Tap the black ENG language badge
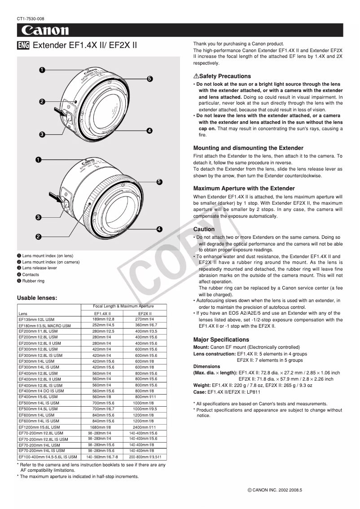[x=23, y=45]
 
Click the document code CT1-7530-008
[x=31, y=18]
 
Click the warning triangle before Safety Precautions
[x=196, y=76]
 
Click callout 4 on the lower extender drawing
[x=159, y=229]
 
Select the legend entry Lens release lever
[x=40, y=268]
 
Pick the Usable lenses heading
[x=37, y=298]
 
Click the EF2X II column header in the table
[x=145, y=313]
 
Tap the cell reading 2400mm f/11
[x=145, y=427]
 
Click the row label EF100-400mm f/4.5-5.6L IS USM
[x=48, y=456]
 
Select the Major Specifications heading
[x=221, y=340]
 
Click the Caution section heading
[x=204, y=229]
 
